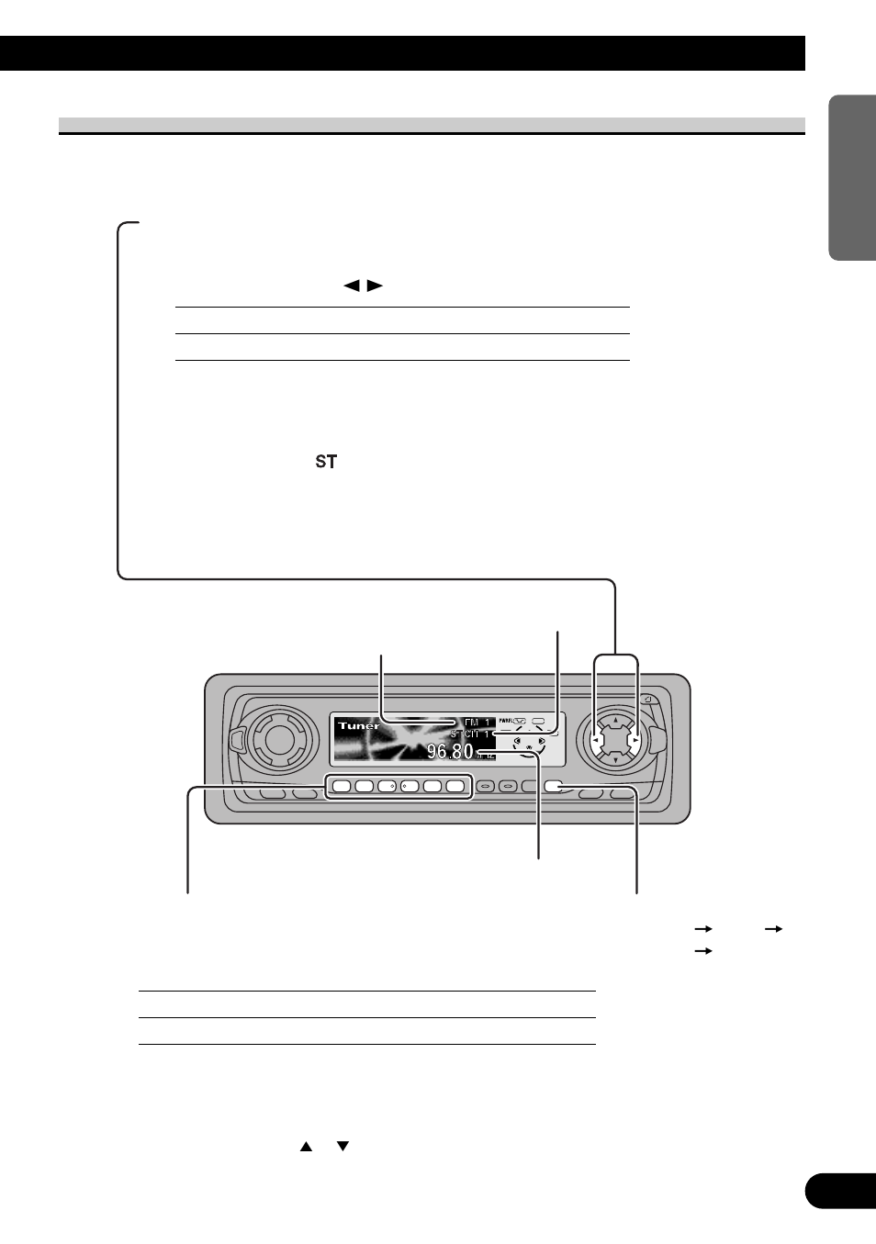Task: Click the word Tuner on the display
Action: [x=358, y=725]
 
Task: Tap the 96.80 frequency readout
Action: [x=450, y=752]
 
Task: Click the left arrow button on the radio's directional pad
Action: [x=597, y=740]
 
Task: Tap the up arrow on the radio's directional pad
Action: [x=615, y=721]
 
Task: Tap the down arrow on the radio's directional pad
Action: [x=615, y=760]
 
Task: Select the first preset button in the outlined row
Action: [x=341, y=786]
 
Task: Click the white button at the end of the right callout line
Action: [x=554, y=786]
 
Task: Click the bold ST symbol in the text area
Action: [x=326, y=462]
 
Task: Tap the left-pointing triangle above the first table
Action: [x=351, y=286]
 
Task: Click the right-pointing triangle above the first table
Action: [x=375, y=286]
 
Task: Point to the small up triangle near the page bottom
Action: [x=306, y=1147]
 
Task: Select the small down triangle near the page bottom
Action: [x=343, y=1147]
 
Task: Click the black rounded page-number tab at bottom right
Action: [x=840, y=1191]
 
